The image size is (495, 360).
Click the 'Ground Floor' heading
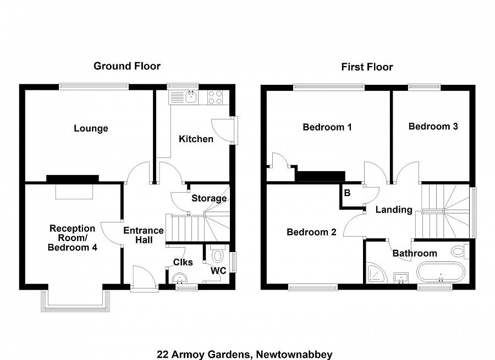pos(127,66)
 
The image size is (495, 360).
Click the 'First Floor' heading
pos(367,67)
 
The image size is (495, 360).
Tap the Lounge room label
pos(91,129)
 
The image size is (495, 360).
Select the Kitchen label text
pos(196,139)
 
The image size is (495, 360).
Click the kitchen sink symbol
pos(191,98)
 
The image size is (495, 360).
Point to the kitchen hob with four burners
pos(215,97)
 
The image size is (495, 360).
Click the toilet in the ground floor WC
pos(217,255)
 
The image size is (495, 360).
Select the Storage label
pos(208,198)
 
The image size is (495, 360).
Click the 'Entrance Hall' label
pos(143,236)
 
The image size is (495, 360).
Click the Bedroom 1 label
pos(327,127)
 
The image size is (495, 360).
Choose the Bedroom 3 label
pos(433,126)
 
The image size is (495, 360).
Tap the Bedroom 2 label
pos(311,232)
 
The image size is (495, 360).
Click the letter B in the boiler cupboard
pos(347,193)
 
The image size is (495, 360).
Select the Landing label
pos(393,210)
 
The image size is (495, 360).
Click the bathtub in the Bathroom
pos(440,273)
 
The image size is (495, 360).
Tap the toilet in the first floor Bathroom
pos(459,251)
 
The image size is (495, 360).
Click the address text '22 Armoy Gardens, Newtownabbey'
pos(244,354)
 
